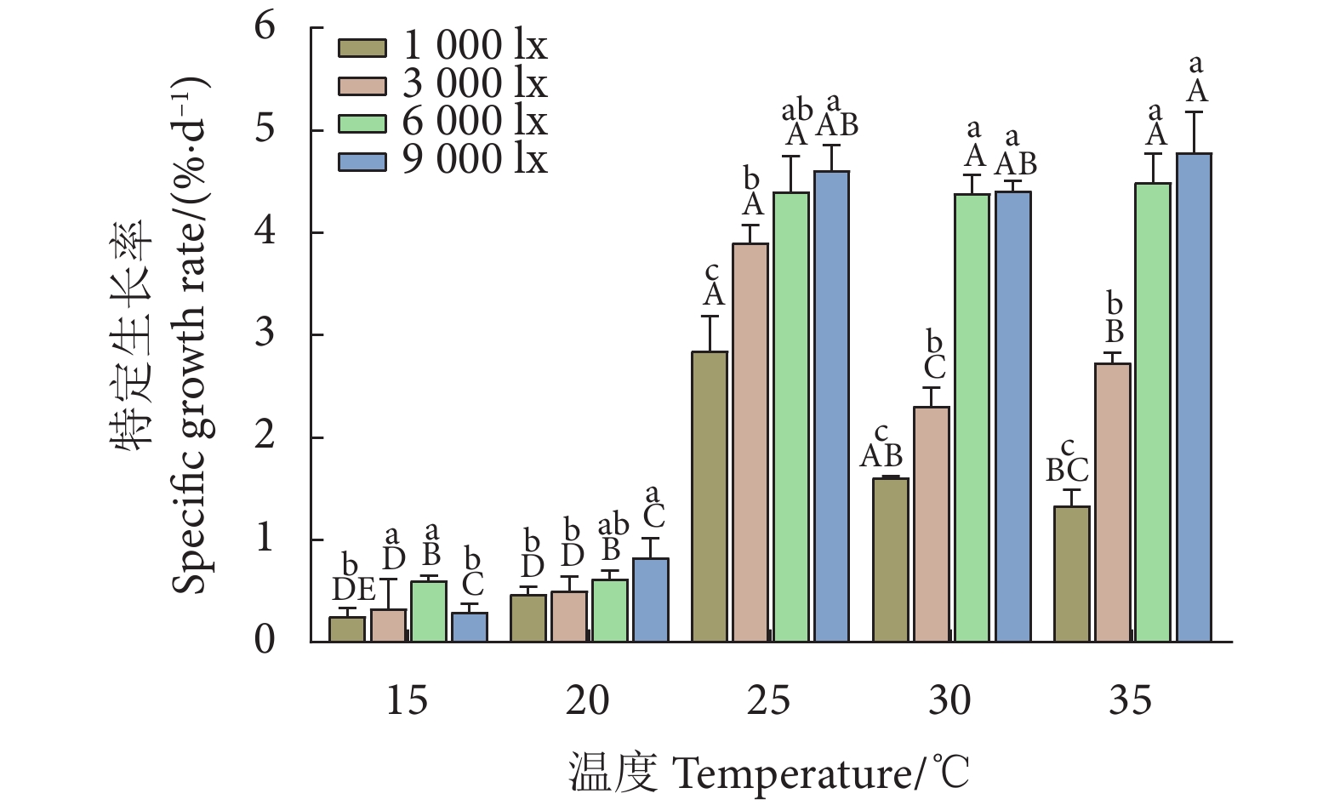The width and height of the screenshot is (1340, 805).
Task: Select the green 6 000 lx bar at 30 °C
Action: pyautogui.click(x=972, y=418)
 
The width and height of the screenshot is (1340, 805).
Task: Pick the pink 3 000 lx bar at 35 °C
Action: pyautogui.click(x=1113, y=502)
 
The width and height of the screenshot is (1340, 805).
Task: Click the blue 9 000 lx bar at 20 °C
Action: pyautogui.click(x=651, y=600)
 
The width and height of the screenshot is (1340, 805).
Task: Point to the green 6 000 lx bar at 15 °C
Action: pyautogui.click(x=429, y=611)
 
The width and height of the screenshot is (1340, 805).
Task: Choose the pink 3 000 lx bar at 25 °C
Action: pyautogui.click(x=750, y=442)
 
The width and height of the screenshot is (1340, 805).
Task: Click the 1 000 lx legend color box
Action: pyautogui.click(x=362, y=48)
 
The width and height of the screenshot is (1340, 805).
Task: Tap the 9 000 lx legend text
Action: pyautogui.click(x=475, y=159)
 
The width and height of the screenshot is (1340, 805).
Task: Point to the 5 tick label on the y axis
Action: pyautogui.click(x=265, y=128)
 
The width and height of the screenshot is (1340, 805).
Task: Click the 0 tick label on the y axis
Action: pyautogui.click(x=265, y=640)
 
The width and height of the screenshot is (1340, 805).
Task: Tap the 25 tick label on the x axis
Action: pyautogui.click(x=768, y=700)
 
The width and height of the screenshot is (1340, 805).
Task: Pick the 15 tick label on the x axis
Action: pyautogui.click(x=407, y=700)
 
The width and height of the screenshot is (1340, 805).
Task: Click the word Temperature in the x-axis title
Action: pyautogui.click(x=792, y=774)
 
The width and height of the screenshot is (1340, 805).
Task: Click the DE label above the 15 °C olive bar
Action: pyautogui.click(x=353, y=589)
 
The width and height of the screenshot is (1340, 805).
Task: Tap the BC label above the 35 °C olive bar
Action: pyautogui.click(x=1067, y=470)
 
